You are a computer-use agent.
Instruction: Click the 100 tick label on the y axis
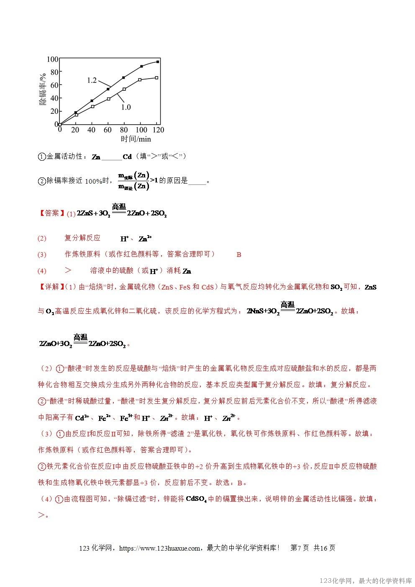tap(52, 59)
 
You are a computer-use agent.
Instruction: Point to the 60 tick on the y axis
tap(54, 85)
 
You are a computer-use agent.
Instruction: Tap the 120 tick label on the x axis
tap(158, 130)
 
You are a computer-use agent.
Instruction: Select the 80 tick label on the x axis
tap(124, 130)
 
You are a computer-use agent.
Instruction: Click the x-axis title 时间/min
tap(136, 139)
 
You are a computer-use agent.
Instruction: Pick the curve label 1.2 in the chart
tap(92, 80)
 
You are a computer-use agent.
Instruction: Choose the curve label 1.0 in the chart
tap(126, 107)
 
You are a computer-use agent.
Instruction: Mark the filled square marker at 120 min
tap(157, 62)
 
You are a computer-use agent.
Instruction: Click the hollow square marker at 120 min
tap(156, 77)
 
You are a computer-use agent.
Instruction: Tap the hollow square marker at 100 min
tap(140, 79)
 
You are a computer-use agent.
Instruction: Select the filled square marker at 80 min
tap(123, 77)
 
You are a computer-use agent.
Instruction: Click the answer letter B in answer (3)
tap(239, 254)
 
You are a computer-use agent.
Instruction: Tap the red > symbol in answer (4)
tap(68, 271)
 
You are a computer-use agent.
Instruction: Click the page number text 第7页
tap(300, 548)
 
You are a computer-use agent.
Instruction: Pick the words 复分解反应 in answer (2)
tap(82, 238)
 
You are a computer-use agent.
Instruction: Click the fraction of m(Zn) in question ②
tap(133, 181)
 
